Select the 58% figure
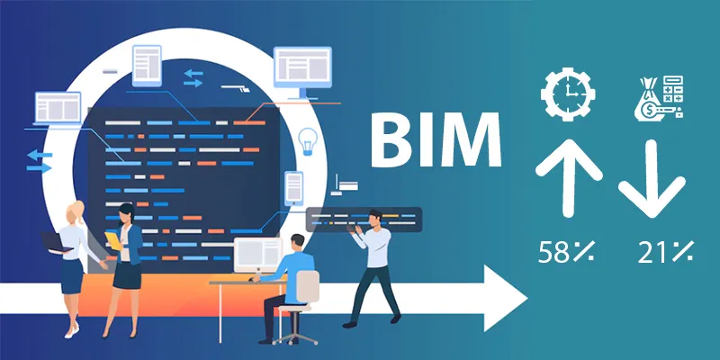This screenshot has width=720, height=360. (x=566, y=252)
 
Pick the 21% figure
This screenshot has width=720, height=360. (x=666, y=252)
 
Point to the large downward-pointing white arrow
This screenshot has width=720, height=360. (x=652, y=179)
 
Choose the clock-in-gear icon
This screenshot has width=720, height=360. (x=568, y=94)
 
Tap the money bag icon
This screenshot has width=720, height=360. (x=648, y=101)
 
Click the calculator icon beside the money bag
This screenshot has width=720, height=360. (x=673, y=89)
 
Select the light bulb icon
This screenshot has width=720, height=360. (x=308, y=141)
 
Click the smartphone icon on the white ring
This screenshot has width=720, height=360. (x=294, y=188)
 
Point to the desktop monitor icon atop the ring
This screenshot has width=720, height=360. (x=302, y=72)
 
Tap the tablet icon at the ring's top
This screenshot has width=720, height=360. (x=147, y=66)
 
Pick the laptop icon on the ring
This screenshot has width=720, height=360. (x=58, y=108)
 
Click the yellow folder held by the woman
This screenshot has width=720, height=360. (x=113, y=240)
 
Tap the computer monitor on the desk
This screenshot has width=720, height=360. (x=257, y=256)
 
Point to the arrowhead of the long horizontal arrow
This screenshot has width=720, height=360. (x=506, y=298)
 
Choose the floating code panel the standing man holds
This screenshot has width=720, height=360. (x=364, y=220)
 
